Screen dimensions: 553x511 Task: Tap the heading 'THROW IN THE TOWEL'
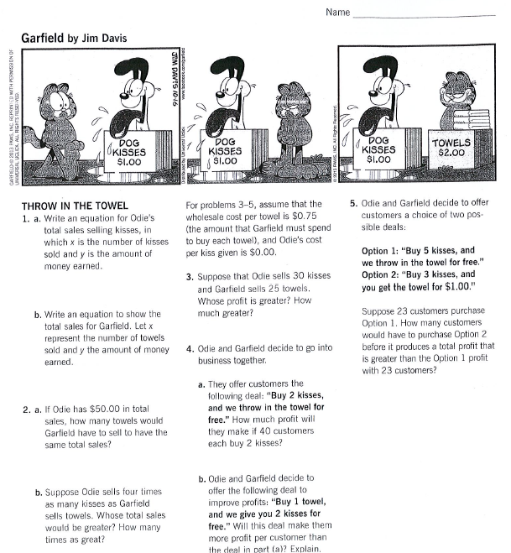(x=75, y=206)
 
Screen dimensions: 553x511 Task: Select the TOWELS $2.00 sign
(x=451, y=149)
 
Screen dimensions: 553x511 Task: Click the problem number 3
(x=190, y=277)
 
